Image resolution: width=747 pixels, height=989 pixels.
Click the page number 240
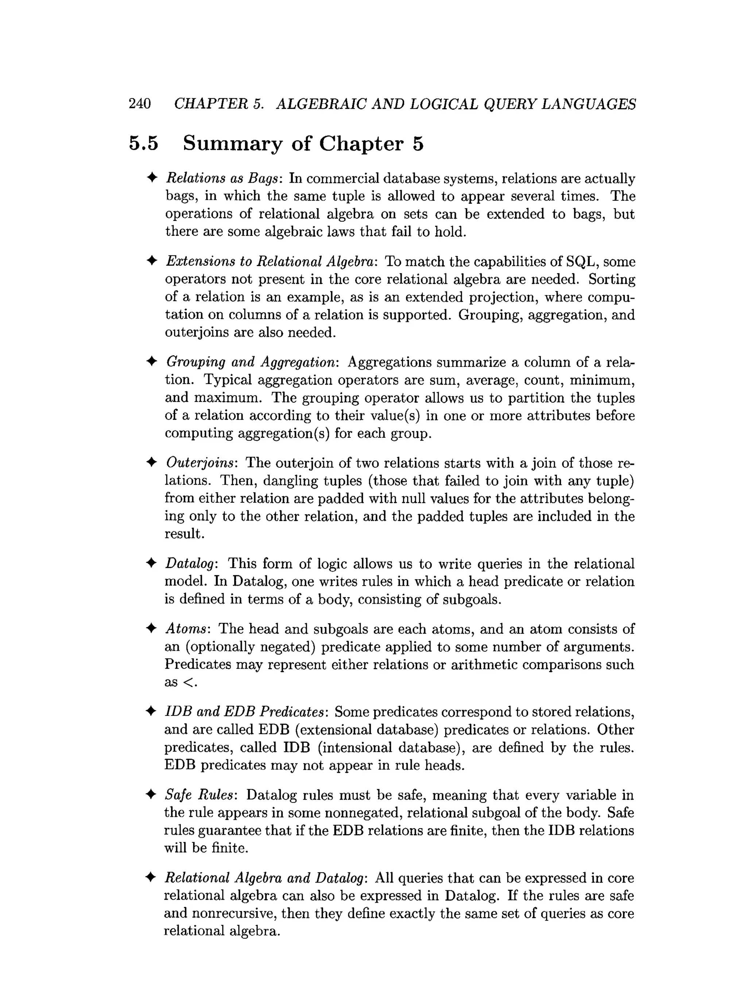coord(140,104)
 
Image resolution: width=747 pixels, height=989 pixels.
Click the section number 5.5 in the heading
coord(144,144)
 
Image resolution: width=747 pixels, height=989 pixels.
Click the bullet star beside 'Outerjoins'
coord(152,462)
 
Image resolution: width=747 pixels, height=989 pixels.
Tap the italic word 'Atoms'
coord(186,629)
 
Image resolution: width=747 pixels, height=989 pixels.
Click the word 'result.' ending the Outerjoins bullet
coord(184,534)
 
